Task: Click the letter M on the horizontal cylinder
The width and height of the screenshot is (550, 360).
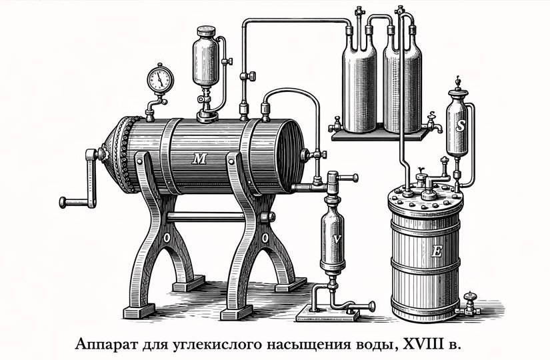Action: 199,158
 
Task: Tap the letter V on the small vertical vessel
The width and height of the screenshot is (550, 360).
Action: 337,238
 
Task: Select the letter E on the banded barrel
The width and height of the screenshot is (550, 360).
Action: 437,251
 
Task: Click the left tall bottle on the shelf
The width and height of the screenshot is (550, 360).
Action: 357,80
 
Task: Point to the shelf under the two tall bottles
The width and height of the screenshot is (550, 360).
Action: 378,135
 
